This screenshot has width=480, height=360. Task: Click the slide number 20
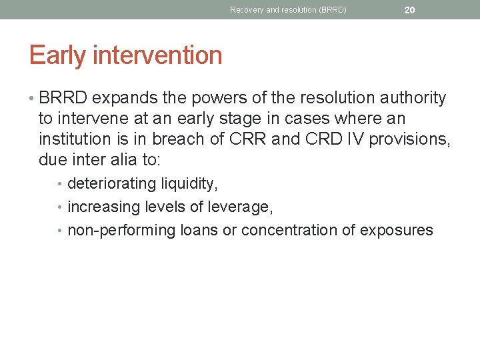[409, 10]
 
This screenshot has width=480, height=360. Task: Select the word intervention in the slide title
[157, 55]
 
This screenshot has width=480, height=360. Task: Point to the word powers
[209, 99]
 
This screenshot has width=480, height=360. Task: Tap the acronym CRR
[243, 139]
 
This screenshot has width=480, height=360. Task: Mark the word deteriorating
[112, 184]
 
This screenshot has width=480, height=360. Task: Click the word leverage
[239, 207]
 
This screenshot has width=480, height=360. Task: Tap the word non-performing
[122, 231]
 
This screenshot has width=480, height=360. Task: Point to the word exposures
[397, 231]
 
